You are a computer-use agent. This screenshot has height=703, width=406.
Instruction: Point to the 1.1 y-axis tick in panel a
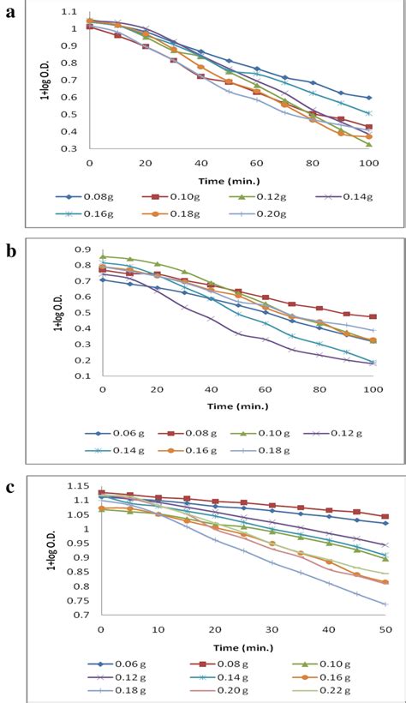(72, 9)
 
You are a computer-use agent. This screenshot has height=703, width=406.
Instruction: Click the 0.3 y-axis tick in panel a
(72, 148)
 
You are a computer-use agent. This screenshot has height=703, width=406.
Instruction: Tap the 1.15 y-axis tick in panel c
(81, 485)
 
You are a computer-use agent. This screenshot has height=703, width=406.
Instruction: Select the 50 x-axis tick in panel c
(384, 630)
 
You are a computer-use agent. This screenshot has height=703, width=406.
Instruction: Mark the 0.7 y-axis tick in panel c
(83, 615)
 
